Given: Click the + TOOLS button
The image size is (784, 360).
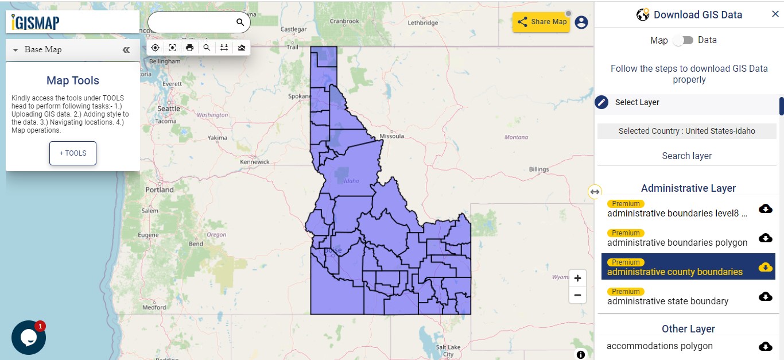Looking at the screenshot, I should tap(72, 153).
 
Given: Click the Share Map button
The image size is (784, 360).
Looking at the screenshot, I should tap(541, 22).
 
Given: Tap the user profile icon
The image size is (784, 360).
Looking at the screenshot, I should tap(581, 22).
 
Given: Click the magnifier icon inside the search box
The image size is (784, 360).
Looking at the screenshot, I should tap(240, 22).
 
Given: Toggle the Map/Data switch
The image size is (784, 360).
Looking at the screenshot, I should tap(683, 41).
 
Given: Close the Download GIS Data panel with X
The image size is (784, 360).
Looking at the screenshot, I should tap(775, 14).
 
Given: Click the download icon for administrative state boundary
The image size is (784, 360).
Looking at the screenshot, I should tap(765, 296).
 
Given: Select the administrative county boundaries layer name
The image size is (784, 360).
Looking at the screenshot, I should tap(674, 272).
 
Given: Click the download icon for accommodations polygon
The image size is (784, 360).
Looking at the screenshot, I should tap(765, 346).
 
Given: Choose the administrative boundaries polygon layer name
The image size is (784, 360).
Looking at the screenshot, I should tap(677, 243).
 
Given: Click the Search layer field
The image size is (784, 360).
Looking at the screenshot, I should tap(686, 156).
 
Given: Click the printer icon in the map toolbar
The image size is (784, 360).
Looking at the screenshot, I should tap(190, 48).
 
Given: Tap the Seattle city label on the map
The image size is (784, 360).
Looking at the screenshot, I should tap(169, 109).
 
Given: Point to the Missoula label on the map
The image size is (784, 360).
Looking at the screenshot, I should tap(392, 136).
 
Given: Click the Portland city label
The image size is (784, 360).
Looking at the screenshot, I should tap(160, 189).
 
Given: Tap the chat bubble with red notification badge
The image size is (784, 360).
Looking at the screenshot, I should tap(29, 337).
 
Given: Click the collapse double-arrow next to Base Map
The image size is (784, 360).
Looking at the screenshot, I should tap(126, 50).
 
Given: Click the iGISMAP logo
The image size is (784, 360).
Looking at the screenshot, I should tap(36, 22).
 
